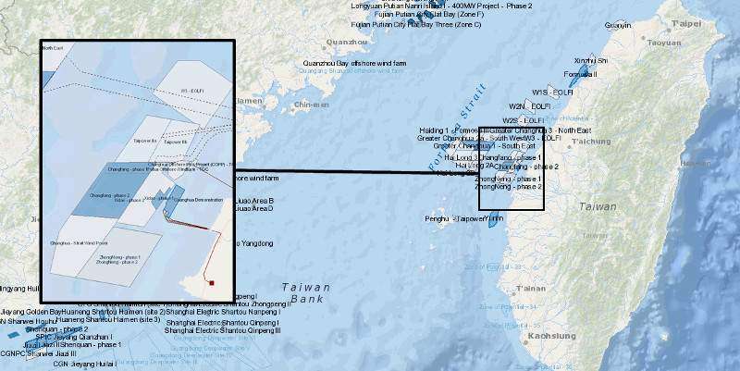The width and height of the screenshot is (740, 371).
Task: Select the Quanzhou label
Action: tap(348, 42)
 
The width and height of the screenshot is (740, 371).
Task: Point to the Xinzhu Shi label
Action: tap(591, 60)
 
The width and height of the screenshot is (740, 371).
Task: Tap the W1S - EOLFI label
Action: tap(552, 93)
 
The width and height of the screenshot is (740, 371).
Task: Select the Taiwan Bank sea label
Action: tap(304, 292)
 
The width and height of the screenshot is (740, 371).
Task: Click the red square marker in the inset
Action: tap(211, 283)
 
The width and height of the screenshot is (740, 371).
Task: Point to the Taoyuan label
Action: tap(664, 43)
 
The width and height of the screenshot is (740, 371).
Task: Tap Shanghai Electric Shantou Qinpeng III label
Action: tap(222, 330)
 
